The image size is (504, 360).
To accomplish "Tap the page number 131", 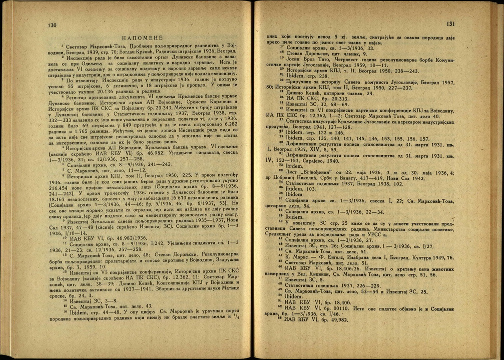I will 450,24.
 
